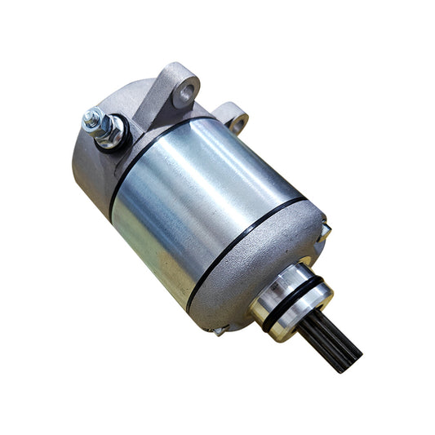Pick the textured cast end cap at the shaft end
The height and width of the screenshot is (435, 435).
[245, 269]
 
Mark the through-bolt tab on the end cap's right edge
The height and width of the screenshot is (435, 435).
[325, 233]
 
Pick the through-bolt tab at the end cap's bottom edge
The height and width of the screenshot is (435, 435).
[219, 331]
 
